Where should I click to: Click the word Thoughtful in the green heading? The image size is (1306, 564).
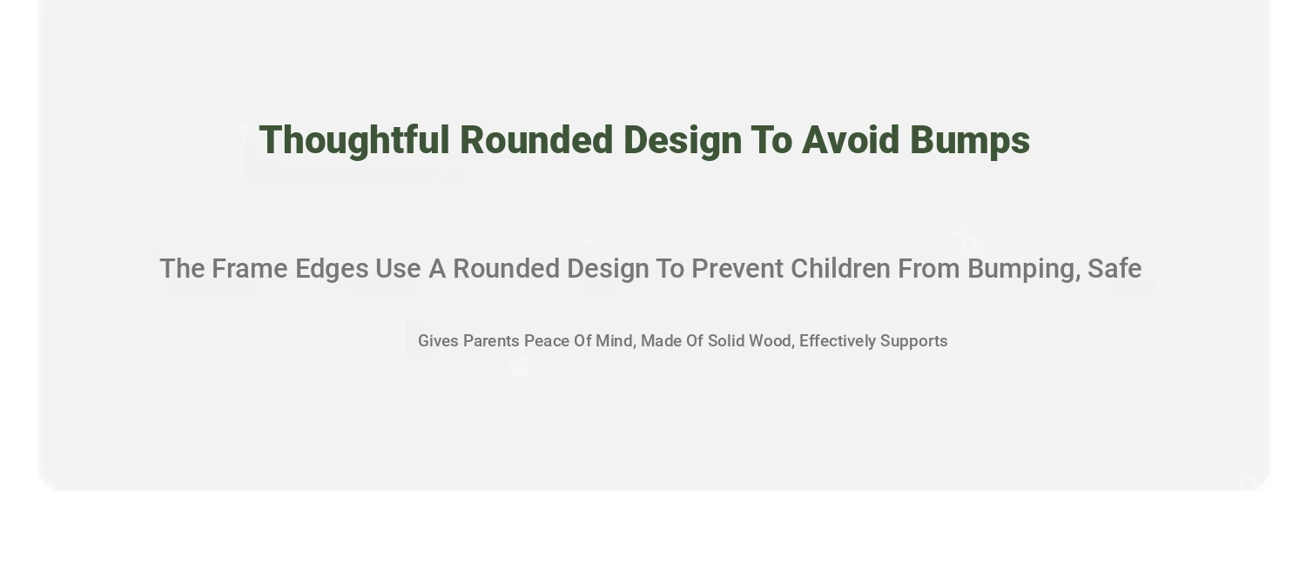[354, 140]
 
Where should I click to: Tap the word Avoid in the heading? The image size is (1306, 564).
[851, 140]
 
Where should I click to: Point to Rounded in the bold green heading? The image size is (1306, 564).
[536, 140]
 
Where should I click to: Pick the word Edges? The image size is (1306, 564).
[332, 270]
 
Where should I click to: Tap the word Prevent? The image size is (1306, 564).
[737, 269]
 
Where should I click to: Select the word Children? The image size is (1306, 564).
[840, 269]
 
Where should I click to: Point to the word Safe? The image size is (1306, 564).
[1114, 269]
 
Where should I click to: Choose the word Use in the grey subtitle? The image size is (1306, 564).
[398, 269]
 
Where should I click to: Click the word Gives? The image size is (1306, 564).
[438, 341]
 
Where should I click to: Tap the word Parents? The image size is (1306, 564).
[491, 341]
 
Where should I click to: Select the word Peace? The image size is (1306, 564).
[546, 341]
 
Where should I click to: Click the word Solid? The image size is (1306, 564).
[725, 341]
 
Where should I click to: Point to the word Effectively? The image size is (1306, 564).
[838, 342]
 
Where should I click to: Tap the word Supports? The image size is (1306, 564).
[913, 342]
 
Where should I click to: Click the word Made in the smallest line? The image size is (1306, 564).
[661, 341]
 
